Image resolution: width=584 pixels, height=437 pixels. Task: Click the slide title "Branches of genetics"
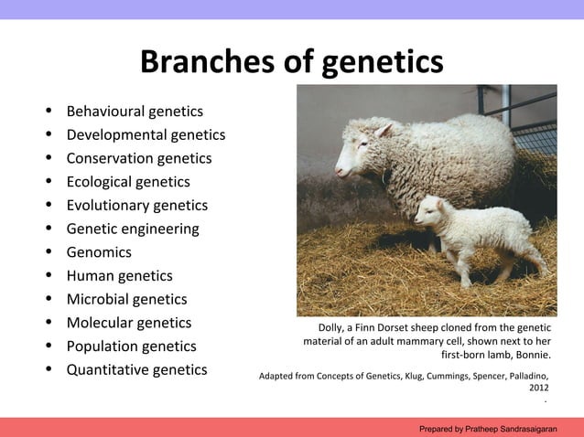[291, 62]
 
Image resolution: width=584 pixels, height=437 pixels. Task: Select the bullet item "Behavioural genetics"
[135, 112]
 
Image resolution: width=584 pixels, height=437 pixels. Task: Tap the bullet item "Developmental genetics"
[146, 135]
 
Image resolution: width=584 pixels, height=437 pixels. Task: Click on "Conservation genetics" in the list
[138, 158]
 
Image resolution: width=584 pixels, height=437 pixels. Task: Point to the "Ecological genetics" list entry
[128, 182]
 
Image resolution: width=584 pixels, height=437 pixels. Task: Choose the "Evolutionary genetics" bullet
[136, 206]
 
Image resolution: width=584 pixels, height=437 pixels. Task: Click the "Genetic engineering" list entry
[132, 229]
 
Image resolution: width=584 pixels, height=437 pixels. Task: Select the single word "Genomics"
[99, 252]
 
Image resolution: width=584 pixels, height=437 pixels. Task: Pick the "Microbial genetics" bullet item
[126, 300]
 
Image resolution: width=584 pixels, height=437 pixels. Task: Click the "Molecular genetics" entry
[128, 323]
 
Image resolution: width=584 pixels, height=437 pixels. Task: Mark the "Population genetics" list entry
[131, 346]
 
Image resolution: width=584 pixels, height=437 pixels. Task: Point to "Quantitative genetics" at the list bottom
[136, 370]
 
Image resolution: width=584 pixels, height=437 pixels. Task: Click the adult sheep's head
[357, 151]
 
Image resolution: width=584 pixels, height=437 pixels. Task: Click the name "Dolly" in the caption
[333, 328]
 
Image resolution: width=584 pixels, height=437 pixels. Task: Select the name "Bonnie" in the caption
[530, 355]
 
